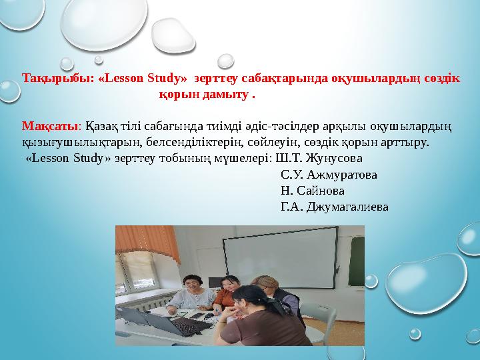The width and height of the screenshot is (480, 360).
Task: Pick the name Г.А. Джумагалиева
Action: [x=335, y=206]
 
